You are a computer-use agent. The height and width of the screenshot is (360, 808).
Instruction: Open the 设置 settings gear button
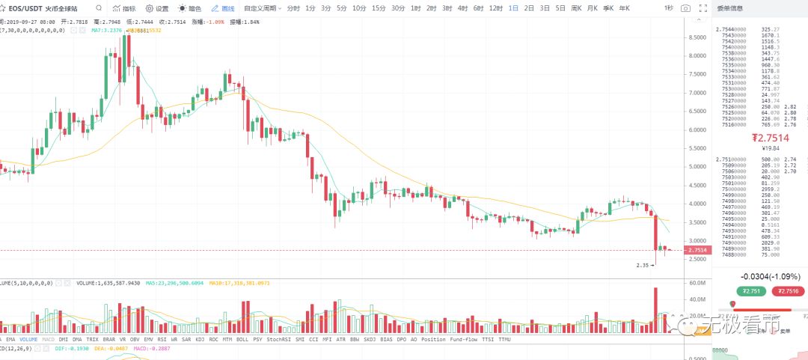(157, 8)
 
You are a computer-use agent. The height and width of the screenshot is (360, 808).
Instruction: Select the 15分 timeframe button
(379, 8)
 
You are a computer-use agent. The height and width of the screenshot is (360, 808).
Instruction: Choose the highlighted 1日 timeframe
(513, 8)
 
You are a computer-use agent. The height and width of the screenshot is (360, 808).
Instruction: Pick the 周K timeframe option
(576, 8)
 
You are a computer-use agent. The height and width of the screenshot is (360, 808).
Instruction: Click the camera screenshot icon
(686, 8)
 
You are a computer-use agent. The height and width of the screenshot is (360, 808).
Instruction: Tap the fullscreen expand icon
(702, 8)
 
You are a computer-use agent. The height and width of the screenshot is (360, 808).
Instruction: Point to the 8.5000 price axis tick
(700, 37)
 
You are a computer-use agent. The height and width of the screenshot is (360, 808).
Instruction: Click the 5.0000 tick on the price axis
(700, 167)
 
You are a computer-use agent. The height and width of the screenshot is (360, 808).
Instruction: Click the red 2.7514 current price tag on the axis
(697, 250)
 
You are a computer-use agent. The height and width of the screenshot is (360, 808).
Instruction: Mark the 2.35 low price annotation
(642, 265)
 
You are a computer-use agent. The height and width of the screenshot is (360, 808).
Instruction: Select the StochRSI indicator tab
(278, 339)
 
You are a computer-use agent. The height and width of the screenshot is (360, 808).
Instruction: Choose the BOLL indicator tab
(242, 339)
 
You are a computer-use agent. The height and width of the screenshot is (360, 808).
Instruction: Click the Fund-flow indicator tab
(464, 339)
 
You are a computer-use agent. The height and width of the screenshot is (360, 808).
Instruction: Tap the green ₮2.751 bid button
(749, 292)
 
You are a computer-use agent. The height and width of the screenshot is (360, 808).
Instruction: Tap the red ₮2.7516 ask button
(788, 292)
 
